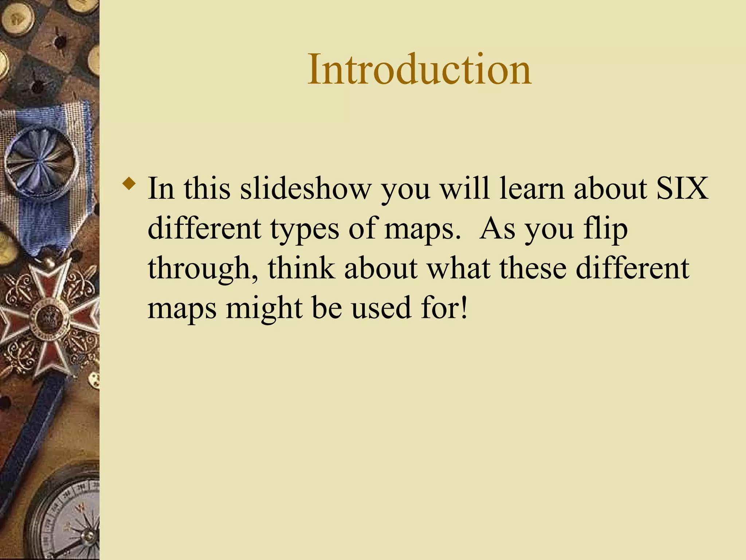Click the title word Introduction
(419, 69)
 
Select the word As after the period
(497, 229)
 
